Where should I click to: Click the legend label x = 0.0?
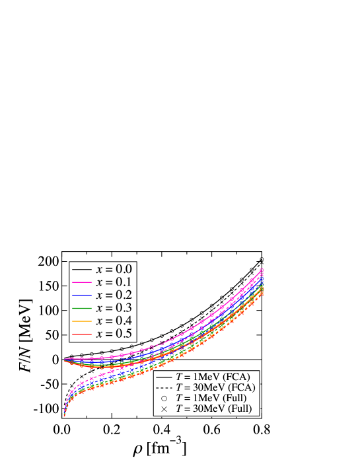coord(114,270)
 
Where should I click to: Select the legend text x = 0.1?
coord(114,282)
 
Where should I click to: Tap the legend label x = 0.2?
coord(114,295)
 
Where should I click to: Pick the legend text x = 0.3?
coord(114,308)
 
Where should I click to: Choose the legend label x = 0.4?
coord(114,321)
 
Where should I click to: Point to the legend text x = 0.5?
coord(114,334)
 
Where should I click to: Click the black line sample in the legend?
coord(81,270)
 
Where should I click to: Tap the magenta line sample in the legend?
coord(81,282)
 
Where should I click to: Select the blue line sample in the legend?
coord(81,295)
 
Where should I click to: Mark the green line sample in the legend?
coord(81,308)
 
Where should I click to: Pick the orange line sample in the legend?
coord(81,321)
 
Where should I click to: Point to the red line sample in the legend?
coord(81,334)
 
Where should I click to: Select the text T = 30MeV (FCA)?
coord(216,387)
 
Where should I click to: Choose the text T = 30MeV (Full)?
coord(216,409)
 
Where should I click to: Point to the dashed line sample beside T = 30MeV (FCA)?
coord(164,387)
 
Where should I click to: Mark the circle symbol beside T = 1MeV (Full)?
coord(164,398)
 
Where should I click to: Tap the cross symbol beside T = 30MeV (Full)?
coord(164,409)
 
